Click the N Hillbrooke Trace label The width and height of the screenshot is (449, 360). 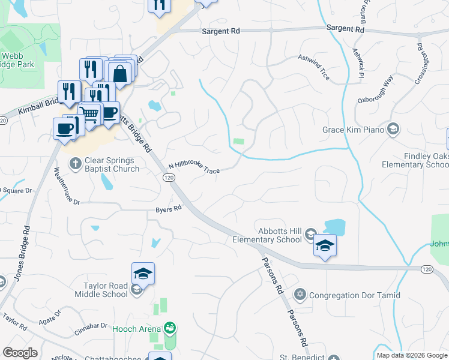coord(194,168)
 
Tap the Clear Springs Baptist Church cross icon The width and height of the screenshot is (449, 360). coord(76,162)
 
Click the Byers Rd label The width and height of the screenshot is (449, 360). coord(168,209)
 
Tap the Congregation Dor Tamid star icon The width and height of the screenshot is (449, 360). coord(300,295)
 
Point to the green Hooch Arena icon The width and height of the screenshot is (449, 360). coord(170,328)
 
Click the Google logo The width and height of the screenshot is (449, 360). coord(20,353)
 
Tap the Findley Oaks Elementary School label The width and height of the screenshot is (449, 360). coord(418,160)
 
